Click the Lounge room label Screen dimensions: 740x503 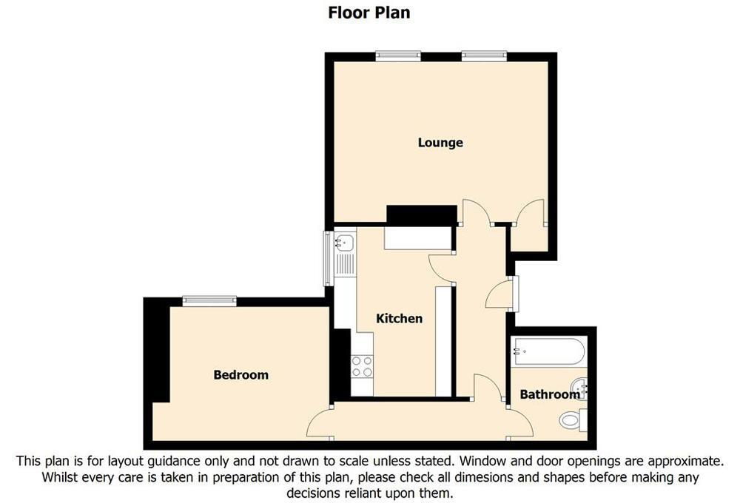click(x=440, y=143)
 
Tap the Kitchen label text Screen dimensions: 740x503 click(x=400, y=319)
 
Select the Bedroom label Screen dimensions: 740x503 click(x=240, y=375)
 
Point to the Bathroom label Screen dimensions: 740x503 click(x=550, y=394)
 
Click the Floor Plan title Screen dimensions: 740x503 click(x=369, y=13)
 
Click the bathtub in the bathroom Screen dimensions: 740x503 click(x=550, y=351)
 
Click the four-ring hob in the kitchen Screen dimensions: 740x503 click(x=362, y=366)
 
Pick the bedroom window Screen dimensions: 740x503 click(x=209, y=300)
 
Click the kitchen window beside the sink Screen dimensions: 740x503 click(x=328, y=258)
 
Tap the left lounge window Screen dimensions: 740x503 click(x=398, y=56)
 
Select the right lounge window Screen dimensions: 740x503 click(x=484, y=56)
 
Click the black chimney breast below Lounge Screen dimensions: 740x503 click(x=422, y=215)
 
